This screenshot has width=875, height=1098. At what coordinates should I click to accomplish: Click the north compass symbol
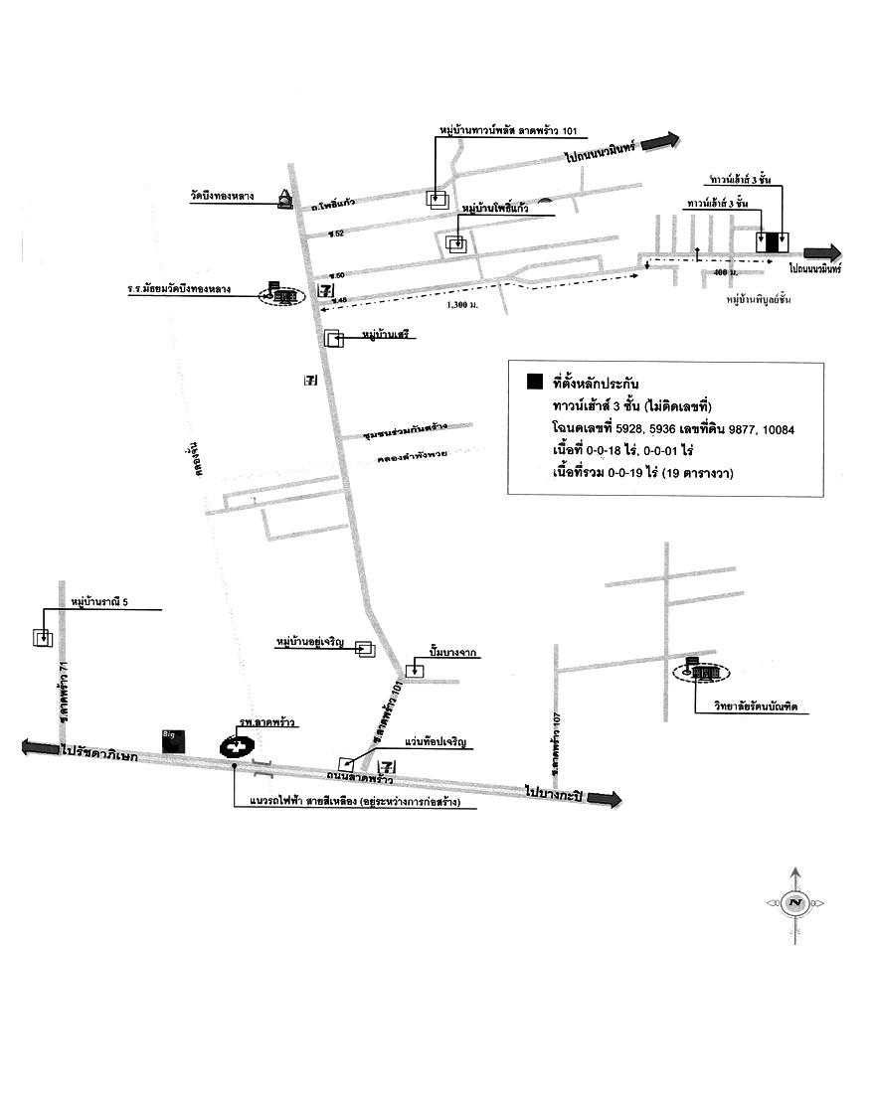click(x=794, y=903)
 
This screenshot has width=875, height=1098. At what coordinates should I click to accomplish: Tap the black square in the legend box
click(x=535, y=383)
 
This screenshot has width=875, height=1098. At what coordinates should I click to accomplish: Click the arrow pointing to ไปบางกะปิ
click(x=605, y=798)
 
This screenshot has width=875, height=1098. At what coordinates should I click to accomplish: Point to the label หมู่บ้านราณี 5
click(x=99, y=601)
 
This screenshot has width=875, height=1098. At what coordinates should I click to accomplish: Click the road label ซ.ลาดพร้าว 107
click(x=556, y=742)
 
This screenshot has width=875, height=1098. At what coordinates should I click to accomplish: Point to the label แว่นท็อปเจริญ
click(x=435, y=742)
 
